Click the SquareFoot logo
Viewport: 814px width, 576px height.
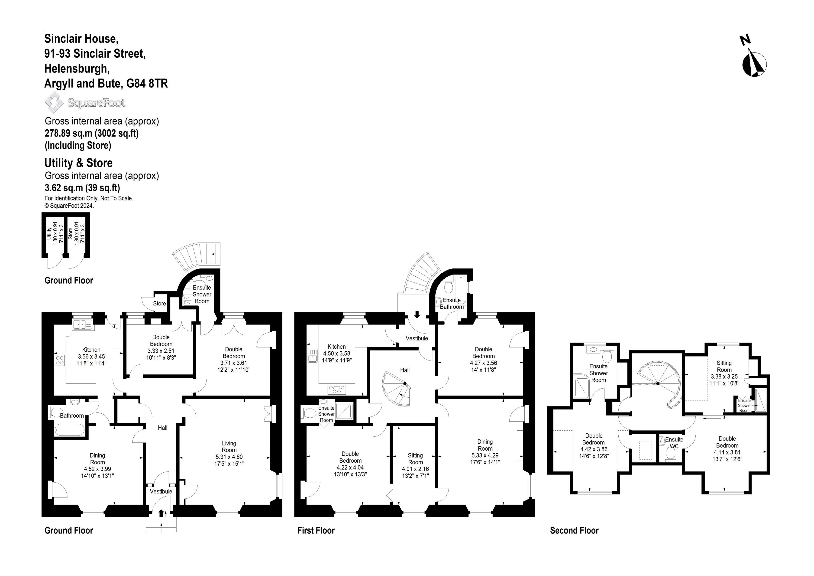pyautogui.click(x=85, y=103)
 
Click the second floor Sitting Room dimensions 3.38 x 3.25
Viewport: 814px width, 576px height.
pyautogui.click(x=724, y=376)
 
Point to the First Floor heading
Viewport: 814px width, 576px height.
pyautogui.click(x=316, y=530)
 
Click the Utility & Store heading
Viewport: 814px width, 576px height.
pyautogui.click(x=78, y=163)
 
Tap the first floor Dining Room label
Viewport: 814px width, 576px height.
pyautogui.click(x=485, y=445)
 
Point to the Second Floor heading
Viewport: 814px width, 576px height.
pyautogui.click(x=574, y=530)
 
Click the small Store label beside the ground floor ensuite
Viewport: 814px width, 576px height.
pyautogui.click(x=159, y=303)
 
